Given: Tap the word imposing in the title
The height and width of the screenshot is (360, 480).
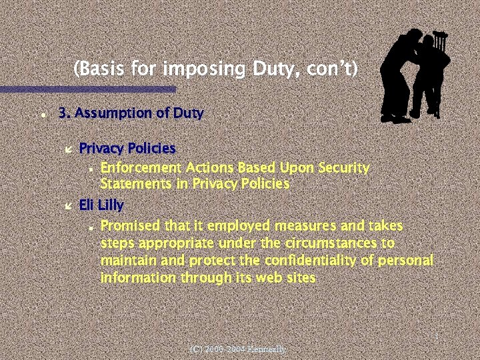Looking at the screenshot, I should coord(207,69).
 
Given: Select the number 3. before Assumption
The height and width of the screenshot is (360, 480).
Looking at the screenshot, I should coord(65,113).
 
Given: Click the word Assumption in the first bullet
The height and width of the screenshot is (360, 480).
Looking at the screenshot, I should coord(113,114).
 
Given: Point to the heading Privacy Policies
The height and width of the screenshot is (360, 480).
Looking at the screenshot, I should coord(127,147).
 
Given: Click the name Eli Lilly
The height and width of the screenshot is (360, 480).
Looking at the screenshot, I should coord(101,205).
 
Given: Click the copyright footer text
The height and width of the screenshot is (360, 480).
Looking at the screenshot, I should coord(238,349).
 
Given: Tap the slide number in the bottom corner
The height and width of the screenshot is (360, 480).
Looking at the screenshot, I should coord(435,337).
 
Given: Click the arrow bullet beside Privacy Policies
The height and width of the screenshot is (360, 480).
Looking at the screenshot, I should coord(66,148).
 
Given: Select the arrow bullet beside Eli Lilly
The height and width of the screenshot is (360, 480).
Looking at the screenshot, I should coord(66,205).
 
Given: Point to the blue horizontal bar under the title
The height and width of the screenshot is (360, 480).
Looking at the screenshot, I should coord(87,89).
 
